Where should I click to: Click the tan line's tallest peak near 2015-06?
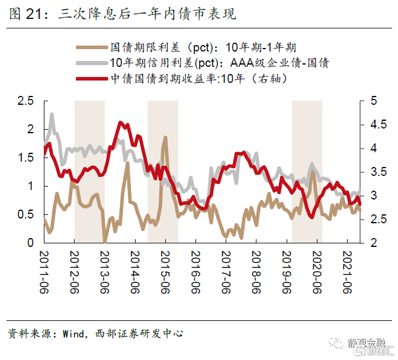tap(165, 137)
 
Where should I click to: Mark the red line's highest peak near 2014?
tap(120, 123)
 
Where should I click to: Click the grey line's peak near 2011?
tap(52, 114)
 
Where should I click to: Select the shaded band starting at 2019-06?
tap(307, 172)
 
